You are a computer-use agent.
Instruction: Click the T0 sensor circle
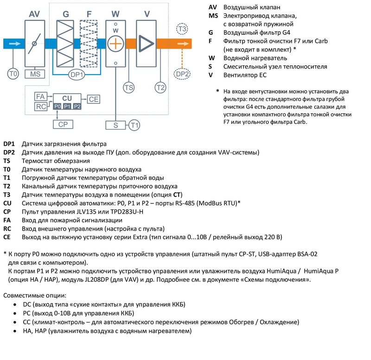tap(13, 74)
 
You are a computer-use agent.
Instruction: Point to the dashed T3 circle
tap(182, 30)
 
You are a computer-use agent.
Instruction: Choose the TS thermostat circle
tap(129, 87)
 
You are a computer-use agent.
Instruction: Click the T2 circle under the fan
tap(160, 87)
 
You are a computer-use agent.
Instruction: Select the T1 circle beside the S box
tap(134, 124)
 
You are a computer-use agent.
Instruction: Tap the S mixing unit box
tap(116, 124)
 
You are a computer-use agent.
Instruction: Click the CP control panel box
tap(63, 124)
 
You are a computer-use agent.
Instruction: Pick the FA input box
tap(40, 96)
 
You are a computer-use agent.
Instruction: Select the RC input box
tap(40, 107)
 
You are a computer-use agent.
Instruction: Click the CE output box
tap(94, 99)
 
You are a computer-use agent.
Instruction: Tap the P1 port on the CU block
tap(67, 107)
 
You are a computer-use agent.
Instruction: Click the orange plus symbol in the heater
tap(115, 44)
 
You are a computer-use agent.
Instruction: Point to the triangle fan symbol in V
tap(147, 44)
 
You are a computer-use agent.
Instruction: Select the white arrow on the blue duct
tap(14, 44)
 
